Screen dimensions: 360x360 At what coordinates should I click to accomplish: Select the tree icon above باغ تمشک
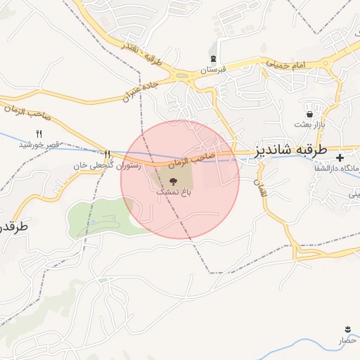(x=174, y=180)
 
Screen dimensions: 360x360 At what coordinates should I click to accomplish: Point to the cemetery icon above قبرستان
(x=213, y=59)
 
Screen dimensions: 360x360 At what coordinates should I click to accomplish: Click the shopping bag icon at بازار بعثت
(x=309, y=114)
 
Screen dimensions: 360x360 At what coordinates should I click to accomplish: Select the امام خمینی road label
(x=287, y=65)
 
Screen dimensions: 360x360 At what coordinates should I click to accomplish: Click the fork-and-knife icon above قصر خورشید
(x=39, y=134)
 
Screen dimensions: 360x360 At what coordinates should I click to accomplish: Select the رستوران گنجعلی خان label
(x=107, y=166)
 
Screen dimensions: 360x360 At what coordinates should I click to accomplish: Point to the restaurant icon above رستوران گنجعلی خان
(x=107, y=155)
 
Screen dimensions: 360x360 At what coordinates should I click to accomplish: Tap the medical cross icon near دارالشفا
(x=340, y=157)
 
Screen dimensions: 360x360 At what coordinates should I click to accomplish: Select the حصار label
(x=348, y=340)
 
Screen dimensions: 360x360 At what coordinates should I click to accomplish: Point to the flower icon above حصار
(x=347, y=329)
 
